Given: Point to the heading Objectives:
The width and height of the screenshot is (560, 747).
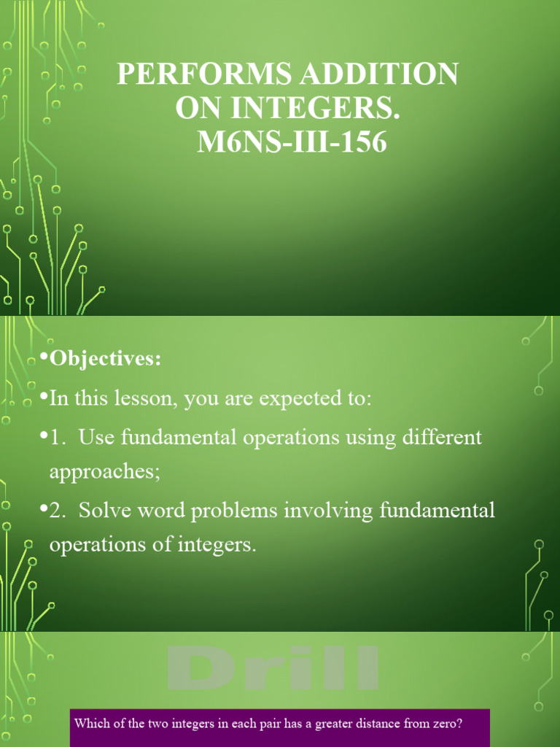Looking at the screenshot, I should pyautogui.click(x=104, y=360).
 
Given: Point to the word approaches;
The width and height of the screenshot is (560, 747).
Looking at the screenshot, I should pyautogui.click(x=104, y=472).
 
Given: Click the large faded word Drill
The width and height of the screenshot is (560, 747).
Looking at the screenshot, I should pyautogui.click(x=273, y=668).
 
